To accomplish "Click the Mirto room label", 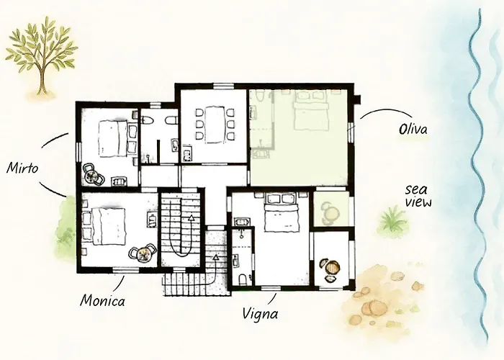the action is pyautogui.click(x=22, y=168).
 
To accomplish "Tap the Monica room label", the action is pyautogui.click(x=102, y=301).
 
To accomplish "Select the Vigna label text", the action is pyautogui.click(x=260, y=313).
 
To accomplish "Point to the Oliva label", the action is pyautogui.click(x=413, y=129).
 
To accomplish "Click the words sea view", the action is pyautogui.click(x=418, y=195).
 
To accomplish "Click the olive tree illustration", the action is pyautogui.click(x=42, y=56).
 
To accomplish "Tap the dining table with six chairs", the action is pyautogui.click(x=215, y=125).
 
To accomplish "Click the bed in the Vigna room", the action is pyautogui.click(x=280, y=212).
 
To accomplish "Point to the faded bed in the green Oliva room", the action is pyautogui.click(x=310, y=111).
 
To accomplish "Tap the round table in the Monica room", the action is pyautogui.click(x=143, y=253).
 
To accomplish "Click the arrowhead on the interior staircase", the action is pyautogui.click(x=191, y=217).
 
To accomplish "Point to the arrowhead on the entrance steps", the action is pyautogui.click(x=215, y=257).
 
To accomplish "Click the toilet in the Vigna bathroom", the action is pyautogui.click(x=243, y=279).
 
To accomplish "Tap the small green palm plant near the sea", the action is pyautogui.click(x=392, y=220).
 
